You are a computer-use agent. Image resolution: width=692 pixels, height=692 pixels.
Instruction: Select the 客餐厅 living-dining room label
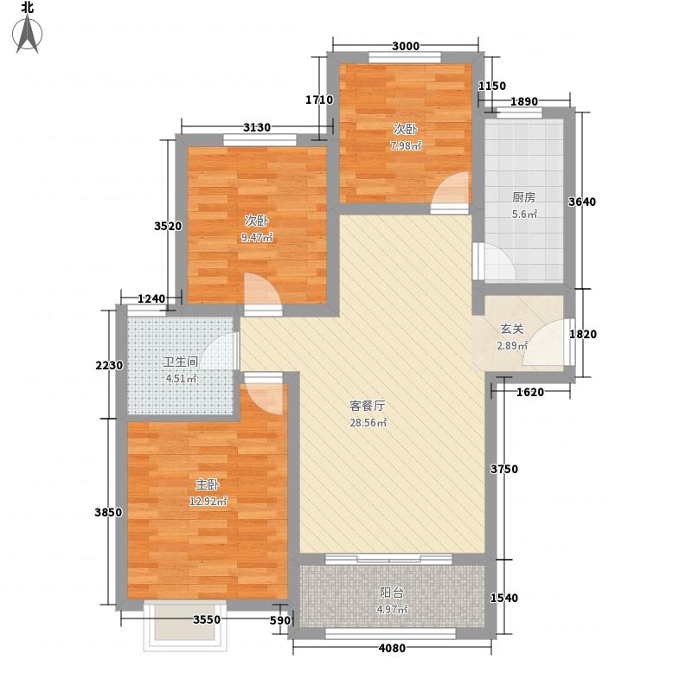[367, 405]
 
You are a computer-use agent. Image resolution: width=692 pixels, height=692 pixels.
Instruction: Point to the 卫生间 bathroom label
[181, 362]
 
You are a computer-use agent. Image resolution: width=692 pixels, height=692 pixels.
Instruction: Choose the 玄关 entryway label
[511, 329]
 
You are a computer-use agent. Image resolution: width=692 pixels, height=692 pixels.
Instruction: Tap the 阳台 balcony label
[391, 593]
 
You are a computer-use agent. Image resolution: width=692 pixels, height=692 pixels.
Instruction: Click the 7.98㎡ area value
[406, 145]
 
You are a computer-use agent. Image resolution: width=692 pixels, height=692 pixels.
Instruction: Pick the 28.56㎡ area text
[367, 423]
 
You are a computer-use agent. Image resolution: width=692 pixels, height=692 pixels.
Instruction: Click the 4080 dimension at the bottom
[392, 649]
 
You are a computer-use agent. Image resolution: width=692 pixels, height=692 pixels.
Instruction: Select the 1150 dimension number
[492, 86]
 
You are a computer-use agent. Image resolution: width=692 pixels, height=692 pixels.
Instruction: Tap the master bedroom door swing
[264, 394]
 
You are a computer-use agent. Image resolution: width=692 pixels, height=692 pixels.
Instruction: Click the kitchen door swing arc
[495, 262]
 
